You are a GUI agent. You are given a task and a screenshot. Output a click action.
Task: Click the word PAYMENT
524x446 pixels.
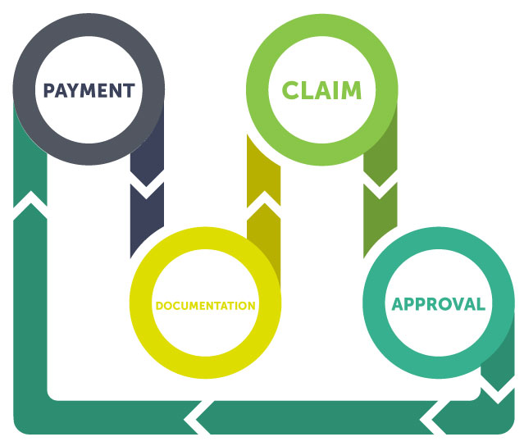89,90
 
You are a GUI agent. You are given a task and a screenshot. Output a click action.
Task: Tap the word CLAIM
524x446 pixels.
321,90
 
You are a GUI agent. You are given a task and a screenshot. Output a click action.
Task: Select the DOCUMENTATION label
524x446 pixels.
206,306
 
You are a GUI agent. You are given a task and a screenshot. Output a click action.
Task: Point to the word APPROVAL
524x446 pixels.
439,304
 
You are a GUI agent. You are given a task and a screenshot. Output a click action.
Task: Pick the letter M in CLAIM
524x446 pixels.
350,90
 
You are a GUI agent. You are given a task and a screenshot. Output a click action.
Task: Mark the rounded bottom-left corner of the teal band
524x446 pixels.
20,428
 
